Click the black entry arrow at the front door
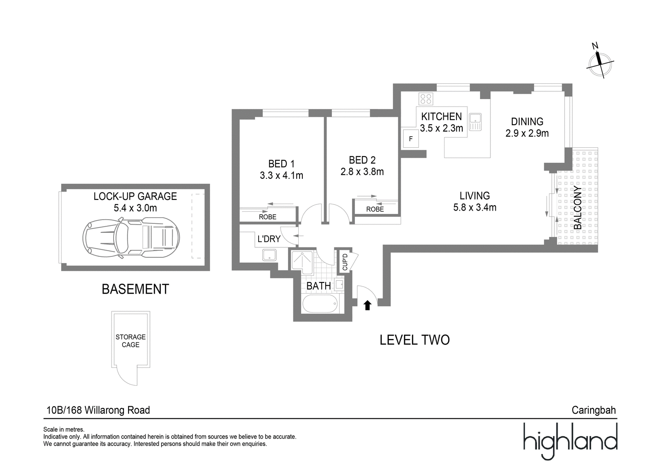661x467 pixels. (367, 305)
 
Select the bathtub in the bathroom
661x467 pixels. (320, 303)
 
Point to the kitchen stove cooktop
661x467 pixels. (426, 99)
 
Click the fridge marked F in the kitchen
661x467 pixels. (411, 139)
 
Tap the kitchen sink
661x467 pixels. (475, 122)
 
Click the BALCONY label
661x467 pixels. (578, 207)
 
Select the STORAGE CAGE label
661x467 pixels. (131, 341)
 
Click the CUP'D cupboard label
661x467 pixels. (345, 262)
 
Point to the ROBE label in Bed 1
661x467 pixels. (268, 217)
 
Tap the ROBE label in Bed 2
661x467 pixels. (375, 209)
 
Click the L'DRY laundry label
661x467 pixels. (269, 239)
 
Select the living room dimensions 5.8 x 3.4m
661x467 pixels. (475, 207)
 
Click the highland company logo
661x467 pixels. (571, 441)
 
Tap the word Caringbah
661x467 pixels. (594, 410)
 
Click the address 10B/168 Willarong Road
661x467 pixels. (98, 410)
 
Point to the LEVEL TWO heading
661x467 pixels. (415, 340)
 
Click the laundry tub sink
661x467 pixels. (269, 255)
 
